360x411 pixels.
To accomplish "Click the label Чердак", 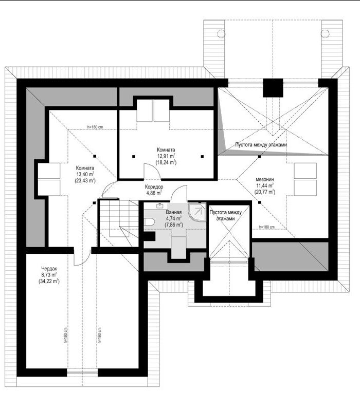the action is (x=49, y=269).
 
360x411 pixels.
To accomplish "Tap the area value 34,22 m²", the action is (x=49, y=281).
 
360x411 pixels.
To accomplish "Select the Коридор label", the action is (x=154, y=187).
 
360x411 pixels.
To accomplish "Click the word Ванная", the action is (x=174, y=212).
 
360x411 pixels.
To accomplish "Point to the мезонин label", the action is (x=265, y=179).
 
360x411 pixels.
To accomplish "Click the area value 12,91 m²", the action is (x=166, y=156).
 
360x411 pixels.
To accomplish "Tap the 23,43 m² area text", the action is (x=85, y=181).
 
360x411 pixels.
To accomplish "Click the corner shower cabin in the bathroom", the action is (x=197, y=212).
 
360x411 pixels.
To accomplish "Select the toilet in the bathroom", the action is (x=149, y=222).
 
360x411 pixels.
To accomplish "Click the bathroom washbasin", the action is (x=160, y=206).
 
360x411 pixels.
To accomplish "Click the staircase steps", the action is (x=119, y=217).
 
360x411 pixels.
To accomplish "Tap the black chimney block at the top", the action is (x=273, y=88).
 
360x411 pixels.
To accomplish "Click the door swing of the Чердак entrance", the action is (x=82, y=257).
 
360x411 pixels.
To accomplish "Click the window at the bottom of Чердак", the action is (x=82, y=372).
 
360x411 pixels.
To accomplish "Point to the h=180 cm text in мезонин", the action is (x=267, y=227).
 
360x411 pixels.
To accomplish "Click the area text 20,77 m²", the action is (x=265, y=192).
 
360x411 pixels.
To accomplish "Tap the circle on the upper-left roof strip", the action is (x=221, y=33).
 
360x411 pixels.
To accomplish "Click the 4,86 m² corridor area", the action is (x=154, y=193).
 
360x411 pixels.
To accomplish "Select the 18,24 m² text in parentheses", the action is (x=166, y=162).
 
